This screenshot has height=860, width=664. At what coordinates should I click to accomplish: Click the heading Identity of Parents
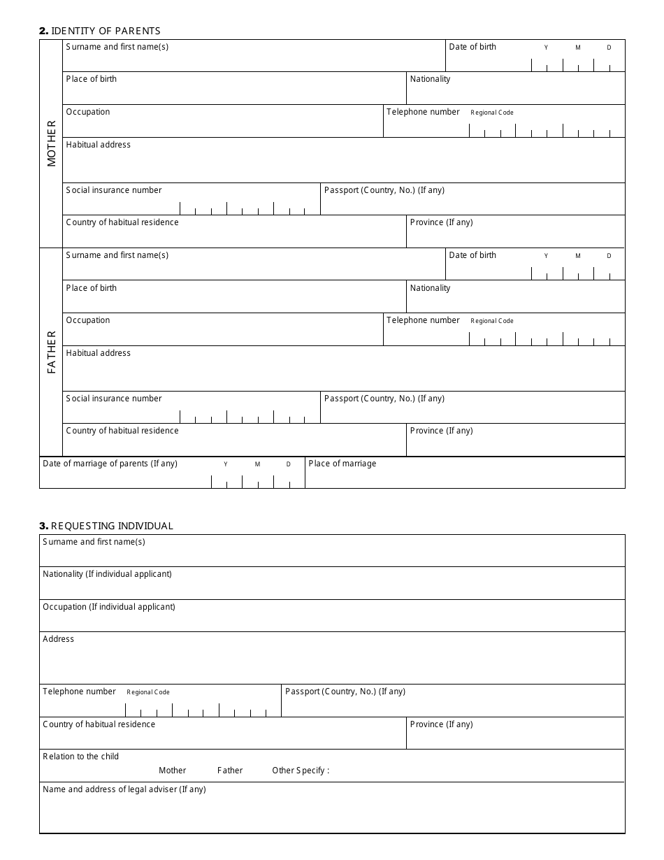100,31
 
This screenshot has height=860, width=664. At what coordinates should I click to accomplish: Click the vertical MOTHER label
52,143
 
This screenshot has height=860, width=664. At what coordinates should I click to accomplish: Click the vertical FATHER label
52,352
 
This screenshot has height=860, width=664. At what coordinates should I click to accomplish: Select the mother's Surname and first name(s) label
117,47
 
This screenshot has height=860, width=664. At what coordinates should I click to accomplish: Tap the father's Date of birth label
472,255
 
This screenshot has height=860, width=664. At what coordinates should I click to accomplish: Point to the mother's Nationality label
430,79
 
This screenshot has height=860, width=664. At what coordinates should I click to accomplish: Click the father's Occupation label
88,320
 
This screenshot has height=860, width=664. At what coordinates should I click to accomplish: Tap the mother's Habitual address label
98,145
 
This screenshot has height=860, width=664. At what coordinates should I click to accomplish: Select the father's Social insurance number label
114,399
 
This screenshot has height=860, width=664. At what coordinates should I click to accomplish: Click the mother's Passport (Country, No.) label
384,190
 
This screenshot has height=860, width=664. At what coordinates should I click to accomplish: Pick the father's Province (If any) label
441,431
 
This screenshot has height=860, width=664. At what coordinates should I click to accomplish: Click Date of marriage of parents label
110,464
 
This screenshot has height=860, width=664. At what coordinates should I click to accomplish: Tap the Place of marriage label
342,464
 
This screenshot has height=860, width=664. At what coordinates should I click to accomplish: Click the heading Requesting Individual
106,526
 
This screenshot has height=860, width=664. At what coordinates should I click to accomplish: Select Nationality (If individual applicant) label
107,574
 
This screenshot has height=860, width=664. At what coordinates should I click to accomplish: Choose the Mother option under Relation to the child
172,771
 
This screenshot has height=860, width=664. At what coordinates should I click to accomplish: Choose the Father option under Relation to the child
230,771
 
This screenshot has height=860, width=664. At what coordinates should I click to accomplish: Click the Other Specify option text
300,771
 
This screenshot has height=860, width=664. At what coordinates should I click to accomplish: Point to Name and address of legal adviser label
124,789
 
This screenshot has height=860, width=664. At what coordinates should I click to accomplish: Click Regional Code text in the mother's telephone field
492,113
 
